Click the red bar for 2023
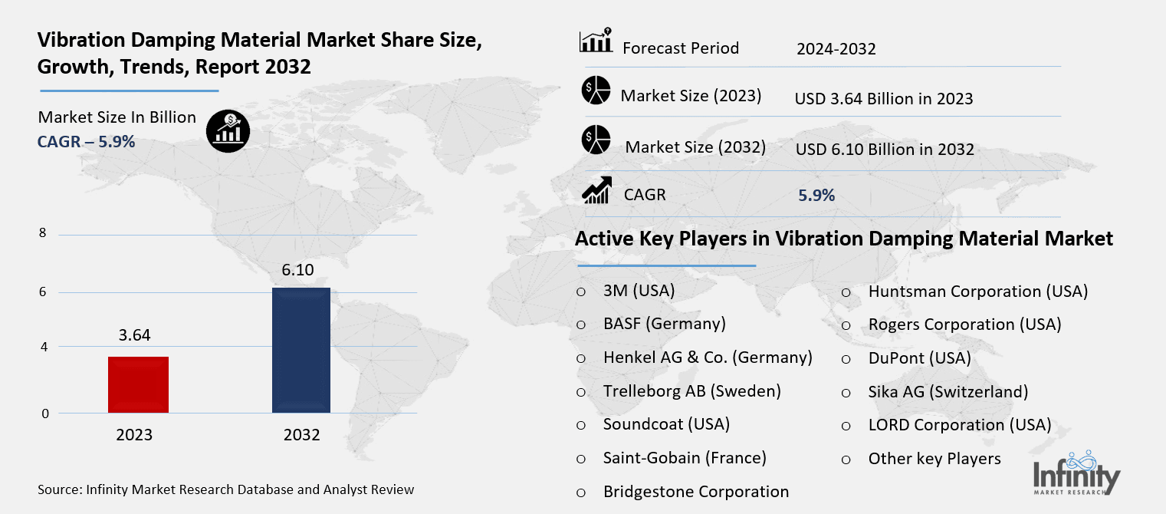click(138, 384)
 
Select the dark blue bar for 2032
click(301, 350)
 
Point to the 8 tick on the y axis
click(43, 234)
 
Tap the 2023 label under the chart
click(134, 435)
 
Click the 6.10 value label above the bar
click(297, 269)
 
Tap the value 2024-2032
click(836, 49)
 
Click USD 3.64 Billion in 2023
click(883, 98)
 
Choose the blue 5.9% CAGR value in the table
click(816, 196)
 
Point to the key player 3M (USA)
click(639, 291)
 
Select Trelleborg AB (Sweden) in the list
click(691, 390)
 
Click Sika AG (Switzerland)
click(948, 391)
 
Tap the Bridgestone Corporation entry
click(695, 492)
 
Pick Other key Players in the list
click(934, 459)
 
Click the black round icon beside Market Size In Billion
click(227, 131)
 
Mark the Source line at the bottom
click(225, 489)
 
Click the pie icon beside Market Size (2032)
click(596, 140)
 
